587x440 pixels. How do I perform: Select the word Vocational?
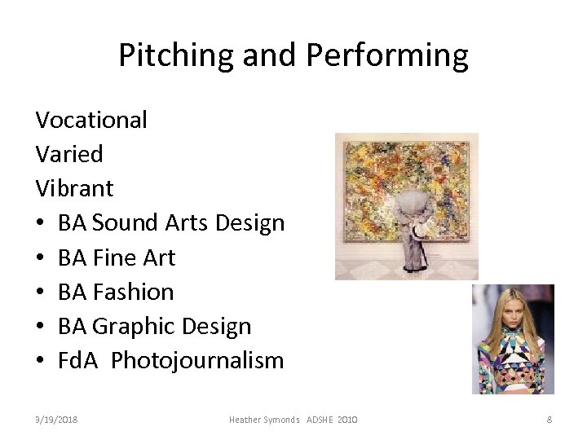[91, 120]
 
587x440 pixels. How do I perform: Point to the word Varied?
[69, 154]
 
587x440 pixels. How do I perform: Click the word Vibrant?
[74, 188]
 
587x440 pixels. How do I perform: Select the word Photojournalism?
[197, 360]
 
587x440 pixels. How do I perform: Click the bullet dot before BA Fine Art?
[41, 258]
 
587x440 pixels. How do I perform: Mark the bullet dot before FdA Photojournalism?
[41, 361]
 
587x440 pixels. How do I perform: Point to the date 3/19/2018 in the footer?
[56, 420]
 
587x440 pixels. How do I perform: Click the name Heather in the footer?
[247, 420]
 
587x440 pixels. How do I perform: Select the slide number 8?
[549, 420]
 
